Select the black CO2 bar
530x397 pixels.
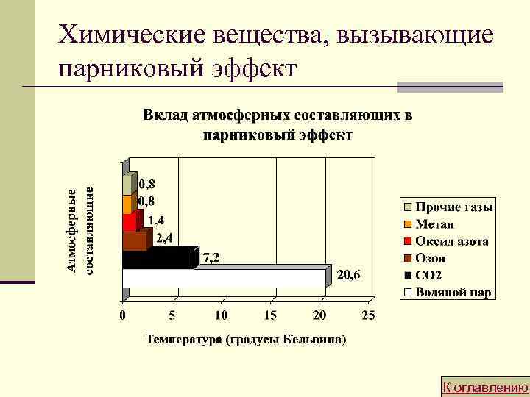(158, 260)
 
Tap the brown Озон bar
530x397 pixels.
(134, 241)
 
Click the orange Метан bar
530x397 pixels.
(127, 204)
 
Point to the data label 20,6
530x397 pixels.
(349, 275)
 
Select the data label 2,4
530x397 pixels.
(163, 237)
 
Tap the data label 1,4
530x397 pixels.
(156, 219)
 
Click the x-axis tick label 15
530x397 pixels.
(269, 315)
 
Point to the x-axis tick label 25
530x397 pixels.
(368, 315)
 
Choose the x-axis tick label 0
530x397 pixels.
(123, 315)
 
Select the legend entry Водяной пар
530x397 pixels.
(452, 293)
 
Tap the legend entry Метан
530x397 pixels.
(434, 225)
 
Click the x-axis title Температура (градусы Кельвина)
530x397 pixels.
(246, 340)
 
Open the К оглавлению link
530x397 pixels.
(484, 387)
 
